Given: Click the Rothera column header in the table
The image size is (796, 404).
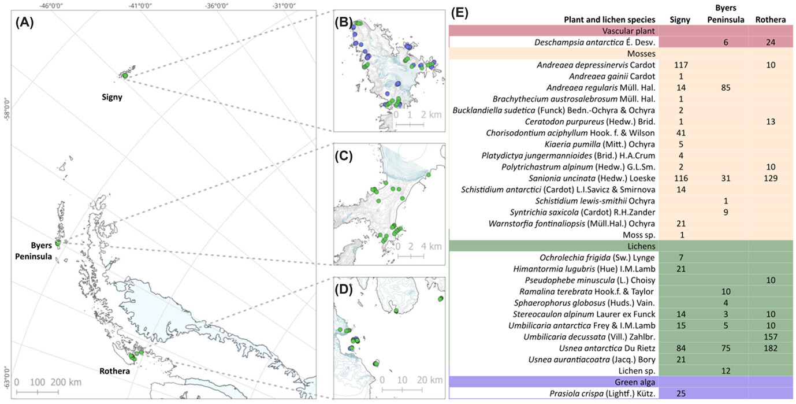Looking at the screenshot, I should click(770, 20).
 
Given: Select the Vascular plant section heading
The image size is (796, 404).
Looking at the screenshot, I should click(620, 31).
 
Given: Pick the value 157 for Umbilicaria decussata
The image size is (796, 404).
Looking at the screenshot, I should click(770, 337).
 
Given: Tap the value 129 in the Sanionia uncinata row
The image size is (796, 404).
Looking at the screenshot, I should click(770, 179).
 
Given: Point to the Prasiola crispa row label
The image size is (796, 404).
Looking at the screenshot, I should click(598, 393).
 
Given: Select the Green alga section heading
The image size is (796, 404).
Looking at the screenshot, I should click(620, 381).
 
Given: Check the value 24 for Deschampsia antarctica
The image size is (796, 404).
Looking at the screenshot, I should click(770, 42).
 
